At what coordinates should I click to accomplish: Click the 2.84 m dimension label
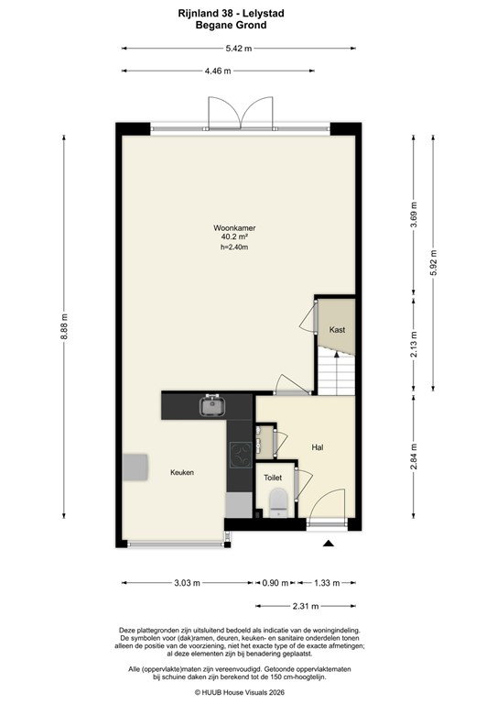414,456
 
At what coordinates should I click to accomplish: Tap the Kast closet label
336,329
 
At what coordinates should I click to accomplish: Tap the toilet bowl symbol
278,500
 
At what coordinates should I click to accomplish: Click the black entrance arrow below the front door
328,544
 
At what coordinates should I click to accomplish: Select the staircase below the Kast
335,375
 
